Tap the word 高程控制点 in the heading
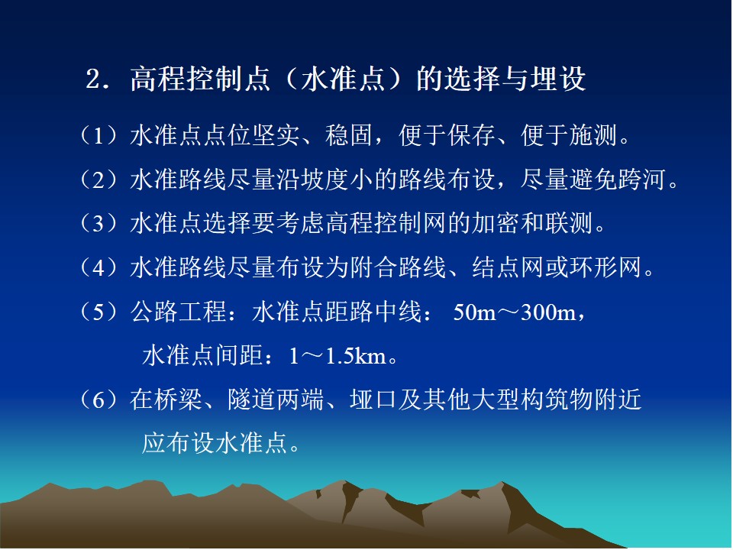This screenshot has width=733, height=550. pos(200,78)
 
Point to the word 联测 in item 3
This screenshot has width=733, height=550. pos(568,223)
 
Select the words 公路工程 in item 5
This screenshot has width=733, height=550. pos(179,312)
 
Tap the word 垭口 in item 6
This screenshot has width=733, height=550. pos(373,400)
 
